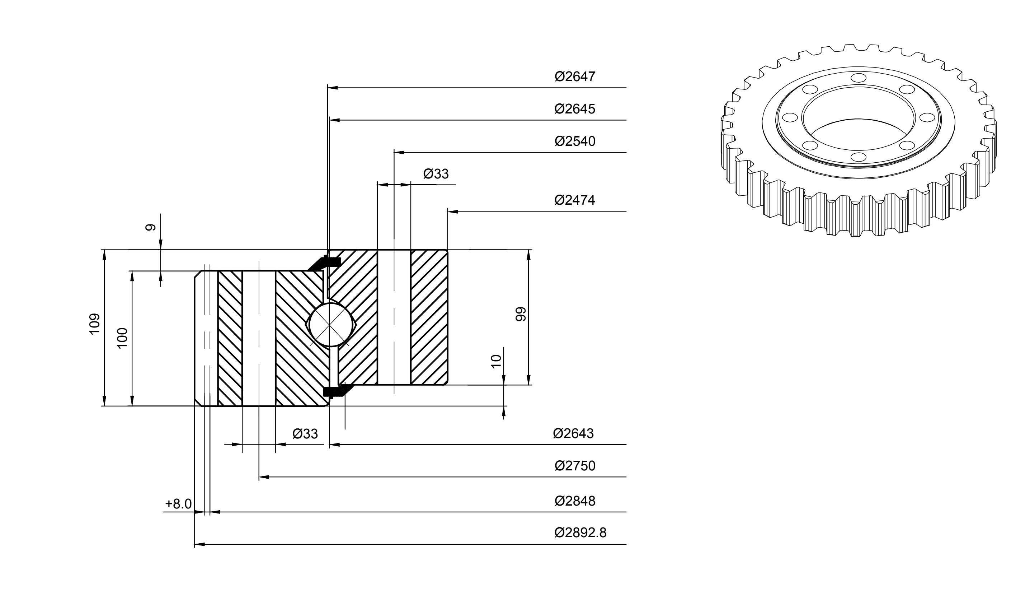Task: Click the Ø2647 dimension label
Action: (x=574, y=77)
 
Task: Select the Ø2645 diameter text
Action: (x=574, y=109)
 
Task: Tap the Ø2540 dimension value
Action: (x=574, y=141)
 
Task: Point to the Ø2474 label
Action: (x=574, y=200)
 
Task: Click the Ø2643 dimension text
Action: (x=573, y=434)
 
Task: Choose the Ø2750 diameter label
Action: (x=574, y=466)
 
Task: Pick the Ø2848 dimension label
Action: (x=574, y=501)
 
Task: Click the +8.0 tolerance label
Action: (x=178, y=504)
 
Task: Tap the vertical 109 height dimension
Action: (x=95, y=324)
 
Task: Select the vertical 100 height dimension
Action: (x=123, y=338)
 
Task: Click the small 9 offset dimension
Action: (x=151, y=227)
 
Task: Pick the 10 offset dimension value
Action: (x=496, y=361)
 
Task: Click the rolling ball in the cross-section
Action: (x=330, y=325)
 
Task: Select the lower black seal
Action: (x=334, y=390)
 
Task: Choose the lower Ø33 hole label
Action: (x=305, y=434)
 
